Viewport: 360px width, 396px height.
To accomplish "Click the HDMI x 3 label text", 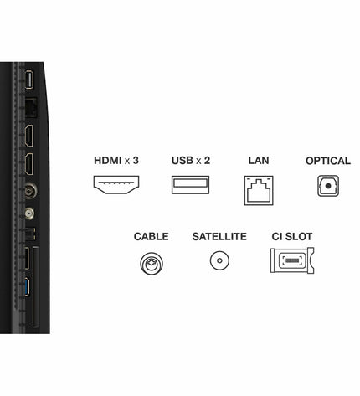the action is coord(116,161).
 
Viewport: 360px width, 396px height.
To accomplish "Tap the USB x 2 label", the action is coord(191,161).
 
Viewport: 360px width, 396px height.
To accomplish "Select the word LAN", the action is coord(259,161).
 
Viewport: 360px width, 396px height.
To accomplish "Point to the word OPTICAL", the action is coord(328,161).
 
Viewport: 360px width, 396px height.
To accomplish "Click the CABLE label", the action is coord(151,237).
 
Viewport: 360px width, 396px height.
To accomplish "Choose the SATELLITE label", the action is coord(219,237).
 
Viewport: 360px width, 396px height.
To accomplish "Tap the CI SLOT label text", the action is coord(292,237).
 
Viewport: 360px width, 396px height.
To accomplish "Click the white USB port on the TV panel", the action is coord(29,80).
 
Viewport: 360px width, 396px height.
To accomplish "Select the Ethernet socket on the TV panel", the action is coord(31,107).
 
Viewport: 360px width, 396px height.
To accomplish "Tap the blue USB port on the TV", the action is coord(27,287).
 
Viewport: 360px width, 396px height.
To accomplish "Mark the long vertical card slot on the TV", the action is coord(36,286).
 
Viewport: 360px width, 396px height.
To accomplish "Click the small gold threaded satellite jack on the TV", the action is coord(29,213).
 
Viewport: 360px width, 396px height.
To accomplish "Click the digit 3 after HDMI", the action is coord(136,161).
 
